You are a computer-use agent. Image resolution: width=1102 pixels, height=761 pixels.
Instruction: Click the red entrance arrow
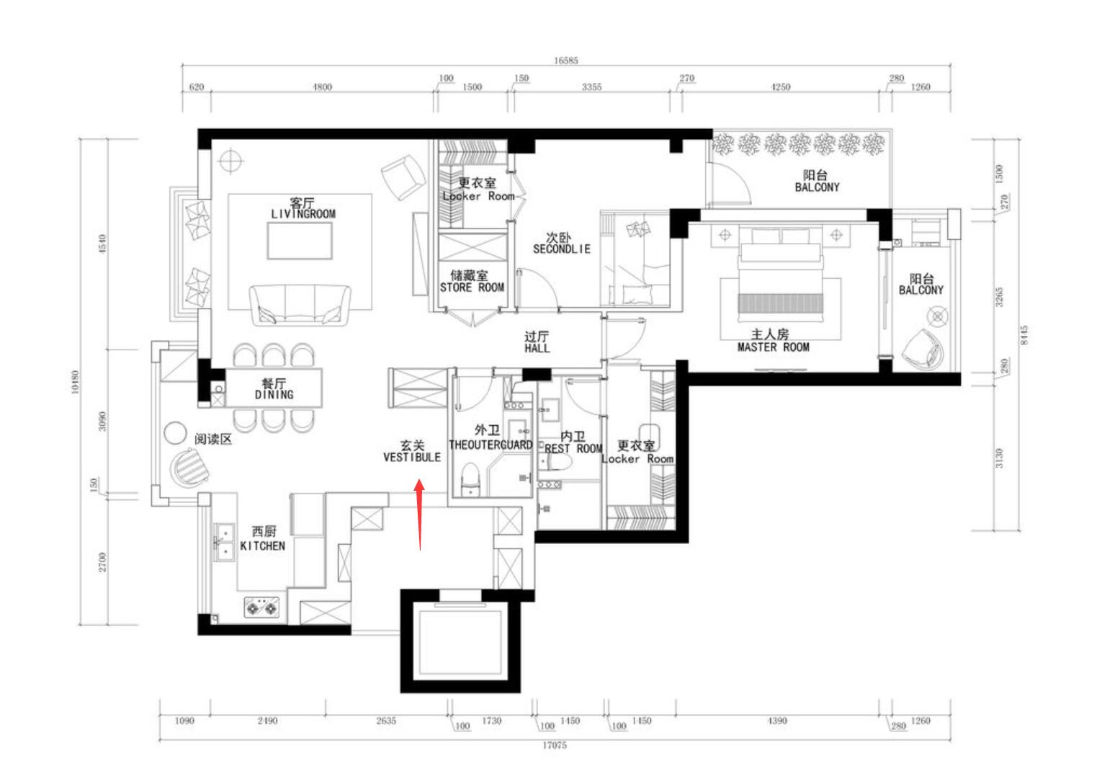[420, 515]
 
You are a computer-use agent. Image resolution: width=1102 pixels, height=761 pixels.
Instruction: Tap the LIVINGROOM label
[303, 213]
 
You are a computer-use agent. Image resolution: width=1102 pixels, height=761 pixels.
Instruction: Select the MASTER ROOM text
[773, 347]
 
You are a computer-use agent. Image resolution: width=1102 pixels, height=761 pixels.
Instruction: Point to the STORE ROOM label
[472, 288]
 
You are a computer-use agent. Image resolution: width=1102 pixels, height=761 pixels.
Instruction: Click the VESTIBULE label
[412, 458]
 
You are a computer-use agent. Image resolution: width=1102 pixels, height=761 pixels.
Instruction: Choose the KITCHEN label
[262, 546]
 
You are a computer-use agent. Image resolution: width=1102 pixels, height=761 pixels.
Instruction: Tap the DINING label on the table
[274, 394]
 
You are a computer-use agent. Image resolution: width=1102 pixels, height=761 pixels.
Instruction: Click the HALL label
[537, 348]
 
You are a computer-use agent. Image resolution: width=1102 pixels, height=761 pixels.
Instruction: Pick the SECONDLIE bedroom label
[561, 249]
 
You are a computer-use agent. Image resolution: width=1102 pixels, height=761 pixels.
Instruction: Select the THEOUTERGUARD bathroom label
[490, 445]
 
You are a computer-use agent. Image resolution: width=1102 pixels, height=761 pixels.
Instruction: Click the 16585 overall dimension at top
[565, 61]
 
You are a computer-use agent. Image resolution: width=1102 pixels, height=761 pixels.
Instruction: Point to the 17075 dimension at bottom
[555, 745]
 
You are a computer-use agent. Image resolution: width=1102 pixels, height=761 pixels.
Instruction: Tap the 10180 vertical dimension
[75, 382]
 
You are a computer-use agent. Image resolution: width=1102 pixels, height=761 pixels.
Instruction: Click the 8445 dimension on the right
[1023, 334]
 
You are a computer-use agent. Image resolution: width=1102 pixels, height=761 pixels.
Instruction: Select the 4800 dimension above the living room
[322, 87]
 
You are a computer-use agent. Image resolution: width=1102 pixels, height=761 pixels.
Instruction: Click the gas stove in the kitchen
[261, 608]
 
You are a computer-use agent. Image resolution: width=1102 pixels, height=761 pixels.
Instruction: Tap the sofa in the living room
[300, 305]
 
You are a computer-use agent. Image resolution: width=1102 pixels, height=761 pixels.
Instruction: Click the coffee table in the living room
[300, 241]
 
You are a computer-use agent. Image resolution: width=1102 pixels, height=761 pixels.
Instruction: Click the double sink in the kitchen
[224, 543]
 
